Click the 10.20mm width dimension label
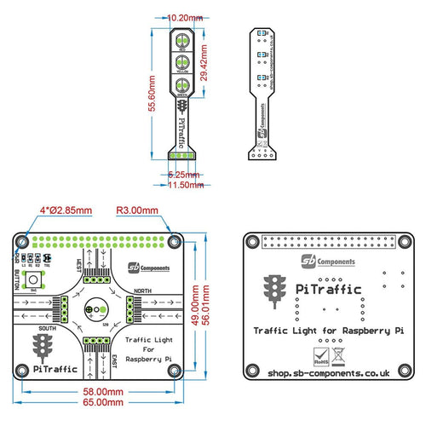(186, 17)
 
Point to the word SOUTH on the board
(48, 327)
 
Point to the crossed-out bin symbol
(339, 348)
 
